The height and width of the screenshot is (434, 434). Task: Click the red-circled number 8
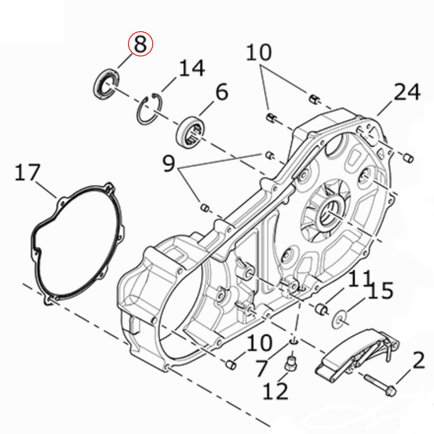pos(140,44)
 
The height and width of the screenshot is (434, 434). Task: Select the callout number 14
pos(192,68)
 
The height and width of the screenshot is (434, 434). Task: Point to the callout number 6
pos(222,92)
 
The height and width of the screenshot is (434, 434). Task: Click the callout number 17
pos(27,172)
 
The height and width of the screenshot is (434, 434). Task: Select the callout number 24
pos(407,92)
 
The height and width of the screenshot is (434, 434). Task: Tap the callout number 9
pos(168,163)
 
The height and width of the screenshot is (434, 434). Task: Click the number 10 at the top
pos(259,52)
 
